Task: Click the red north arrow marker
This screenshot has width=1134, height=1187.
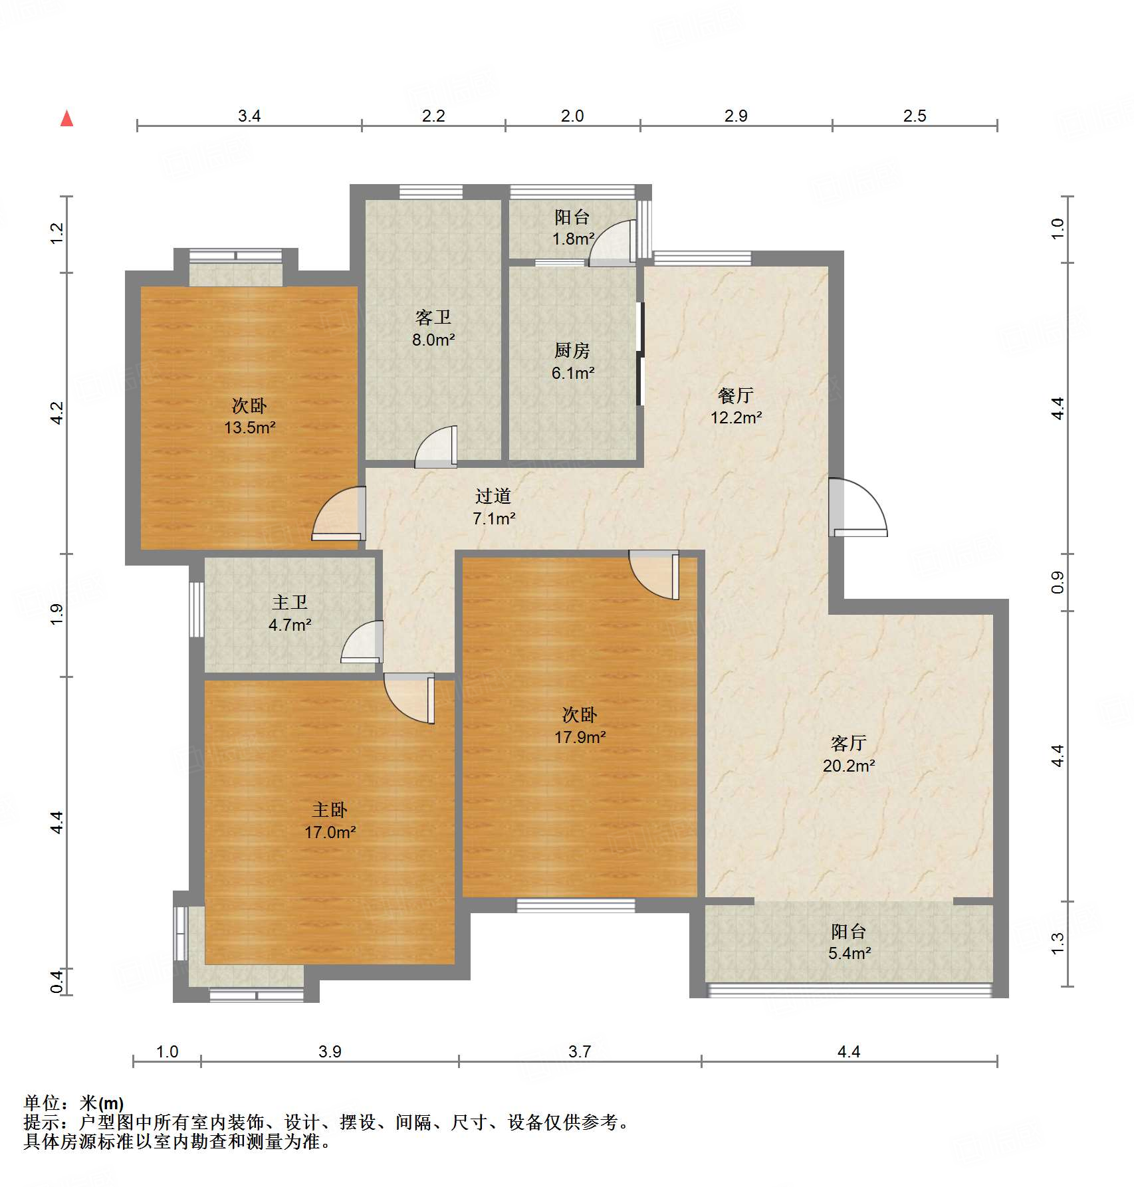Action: coord(66,118)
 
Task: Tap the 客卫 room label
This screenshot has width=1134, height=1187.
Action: coord(433,318)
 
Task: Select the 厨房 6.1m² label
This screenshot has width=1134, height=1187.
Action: coord(572,362)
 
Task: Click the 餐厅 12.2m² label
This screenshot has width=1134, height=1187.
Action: coord(736,406)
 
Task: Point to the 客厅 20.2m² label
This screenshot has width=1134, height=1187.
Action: coord(848,754)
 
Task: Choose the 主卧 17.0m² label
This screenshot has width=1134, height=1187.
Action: coord(330,821)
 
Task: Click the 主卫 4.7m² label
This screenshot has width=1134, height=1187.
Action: coord(290,613)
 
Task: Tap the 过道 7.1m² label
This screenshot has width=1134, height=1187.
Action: coord(493,506)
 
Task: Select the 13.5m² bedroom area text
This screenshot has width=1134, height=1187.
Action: coord(249,427)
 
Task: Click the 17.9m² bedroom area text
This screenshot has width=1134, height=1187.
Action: coord(580,736)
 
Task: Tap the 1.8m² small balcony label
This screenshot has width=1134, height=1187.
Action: coord(572,238)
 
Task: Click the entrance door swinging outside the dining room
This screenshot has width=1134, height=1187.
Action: coord(857,508)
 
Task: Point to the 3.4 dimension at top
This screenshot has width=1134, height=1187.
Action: coord(249,116)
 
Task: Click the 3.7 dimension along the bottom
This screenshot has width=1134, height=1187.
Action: coord(580,1051)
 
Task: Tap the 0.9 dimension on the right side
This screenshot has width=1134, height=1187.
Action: coord(1057,582)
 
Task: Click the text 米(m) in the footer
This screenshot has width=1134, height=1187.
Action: coord(101,1103)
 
